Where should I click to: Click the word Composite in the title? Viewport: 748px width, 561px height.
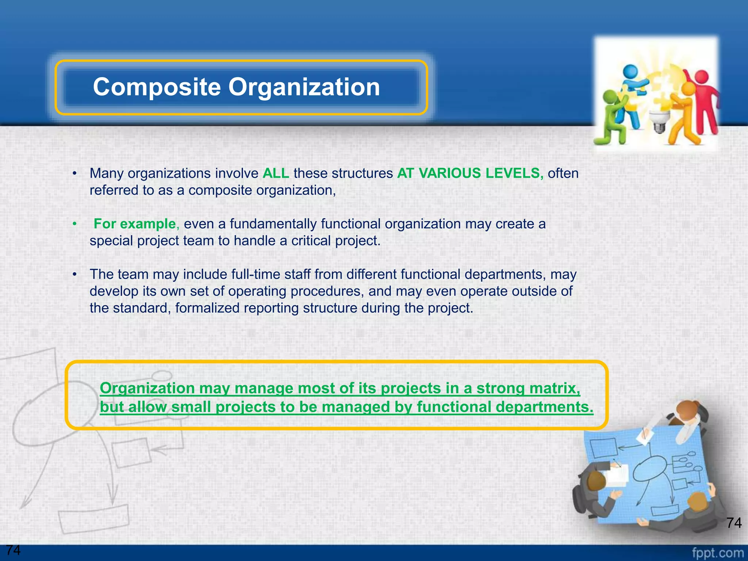coord(157,87)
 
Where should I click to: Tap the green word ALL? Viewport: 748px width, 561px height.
coord(276,173)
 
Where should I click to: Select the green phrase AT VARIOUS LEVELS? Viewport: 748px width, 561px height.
coord(470,173)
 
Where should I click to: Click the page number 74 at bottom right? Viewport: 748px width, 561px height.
coord(734,523)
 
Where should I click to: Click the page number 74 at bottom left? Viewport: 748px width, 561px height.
coord(13,550)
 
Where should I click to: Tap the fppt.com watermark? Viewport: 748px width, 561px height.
coord(717,553)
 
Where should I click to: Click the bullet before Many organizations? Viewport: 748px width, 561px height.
coord(75,173)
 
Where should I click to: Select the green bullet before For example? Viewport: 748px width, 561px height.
coord(75,224)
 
